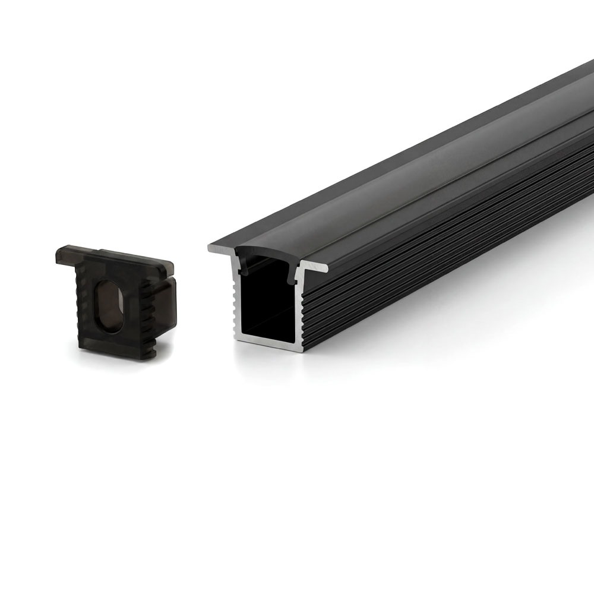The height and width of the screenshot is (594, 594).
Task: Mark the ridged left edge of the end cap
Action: pos(81,309)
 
